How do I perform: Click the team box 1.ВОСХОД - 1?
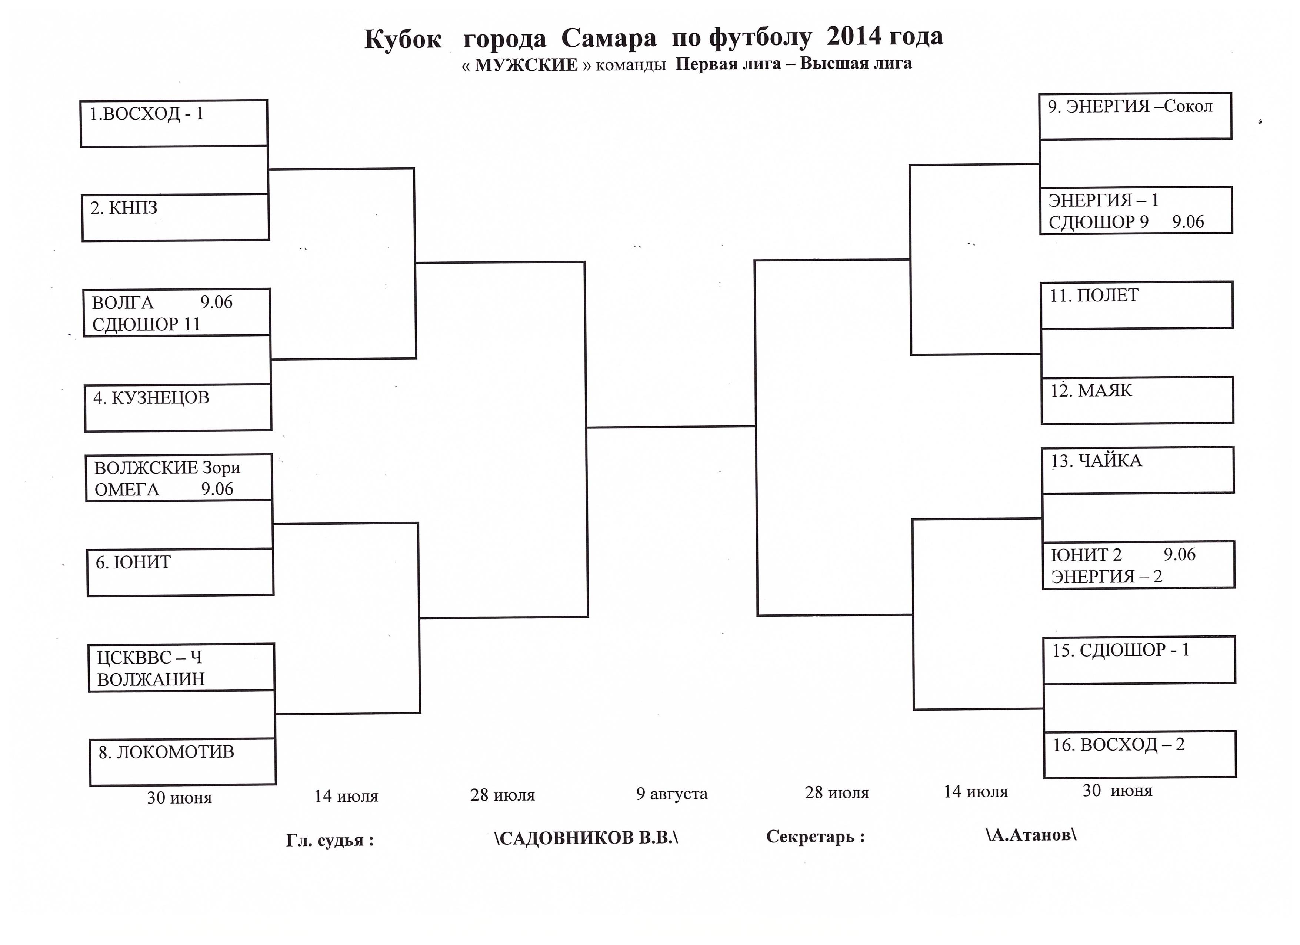tap(174, 123)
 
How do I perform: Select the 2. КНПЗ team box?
tap(176, 217)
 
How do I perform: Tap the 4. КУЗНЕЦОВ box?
tap(178, 407)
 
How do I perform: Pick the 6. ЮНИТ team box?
tap(180, 572)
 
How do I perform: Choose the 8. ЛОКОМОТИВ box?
tap(183, 762)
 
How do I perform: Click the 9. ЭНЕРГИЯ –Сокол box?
tap(1135, 116)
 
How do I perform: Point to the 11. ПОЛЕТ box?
tap(1137, 305)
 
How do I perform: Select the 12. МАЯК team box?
tap(1137, 400)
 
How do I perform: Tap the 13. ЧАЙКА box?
tap(1138, 470)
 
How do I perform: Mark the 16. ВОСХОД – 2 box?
tap(1140, 754)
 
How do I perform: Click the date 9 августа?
tap(672, 794)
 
